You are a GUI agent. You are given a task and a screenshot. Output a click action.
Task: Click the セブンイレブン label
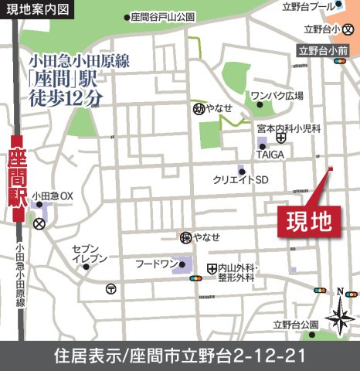coord(90,254)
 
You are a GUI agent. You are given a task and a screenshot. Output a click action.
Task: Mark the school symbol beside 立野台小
coord(350,29)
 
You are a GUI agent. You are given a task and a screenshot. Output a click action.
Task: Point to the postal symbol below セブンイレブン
coord(111,289)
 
